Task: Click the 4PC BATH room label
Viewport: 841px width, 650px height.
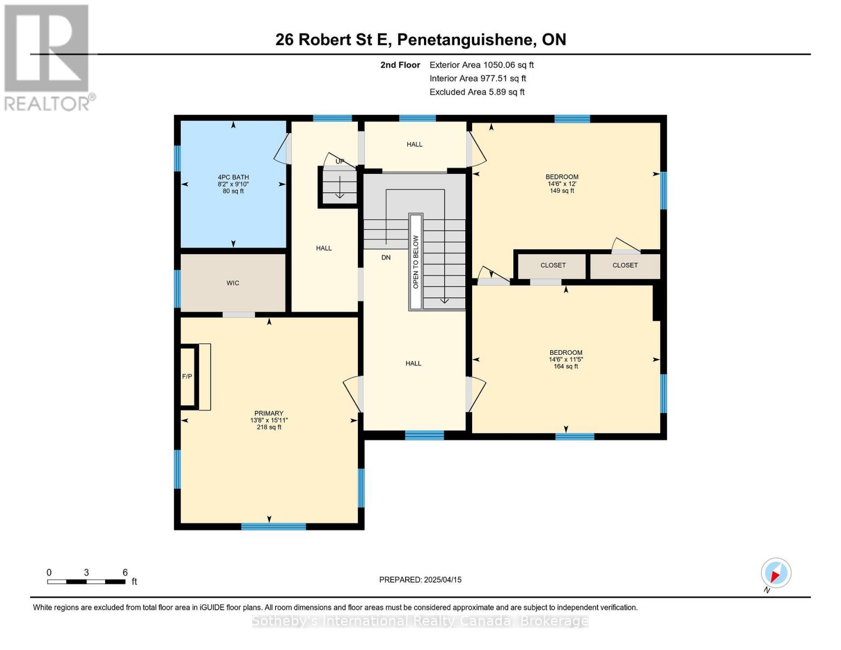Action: tap(233, 177)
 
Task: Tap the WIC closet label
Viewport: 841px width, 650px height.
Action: tap(233, 283)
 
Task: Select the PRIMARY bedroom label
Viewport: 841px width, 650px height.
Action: tap(269, 413)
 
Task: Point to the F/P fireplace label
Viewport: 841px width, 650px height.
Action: tap(187, 376)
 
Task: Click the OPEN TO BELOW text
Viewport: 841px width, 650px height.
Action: tap(416, 262)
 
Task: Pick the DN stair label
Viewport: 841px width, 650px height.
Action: tap(386, 258)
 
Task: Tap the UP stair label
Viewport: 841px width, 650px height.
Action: tap(340, 161)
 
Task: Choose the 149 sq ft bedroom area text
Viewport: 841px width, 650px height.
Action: tap(562, 191)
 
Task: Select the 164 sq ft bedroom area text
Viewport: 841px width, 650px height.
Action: tap(566, 367)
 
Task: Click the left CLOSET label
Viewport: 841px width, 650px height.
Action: tap(553, 265)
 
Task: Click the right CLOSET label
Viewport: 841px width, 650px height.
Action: tap(625, 265)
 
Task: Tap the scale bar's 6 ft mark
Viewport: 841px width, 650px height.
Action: tap(125, 573)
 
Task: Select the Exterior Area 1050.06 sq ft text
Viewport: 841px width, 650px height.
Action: tap(481, 65)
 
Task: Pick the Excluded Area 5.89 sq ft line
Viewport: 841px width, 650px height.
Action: tap(477, 92)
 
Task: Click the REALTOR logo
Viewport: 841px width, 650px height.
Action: tap(48, 57)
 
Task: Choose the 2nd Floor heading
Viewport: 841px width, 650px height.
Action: tap(400, 65)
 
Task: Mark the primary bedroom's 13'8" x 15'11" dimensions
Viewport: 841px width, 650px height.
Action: tap(269, 420)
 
